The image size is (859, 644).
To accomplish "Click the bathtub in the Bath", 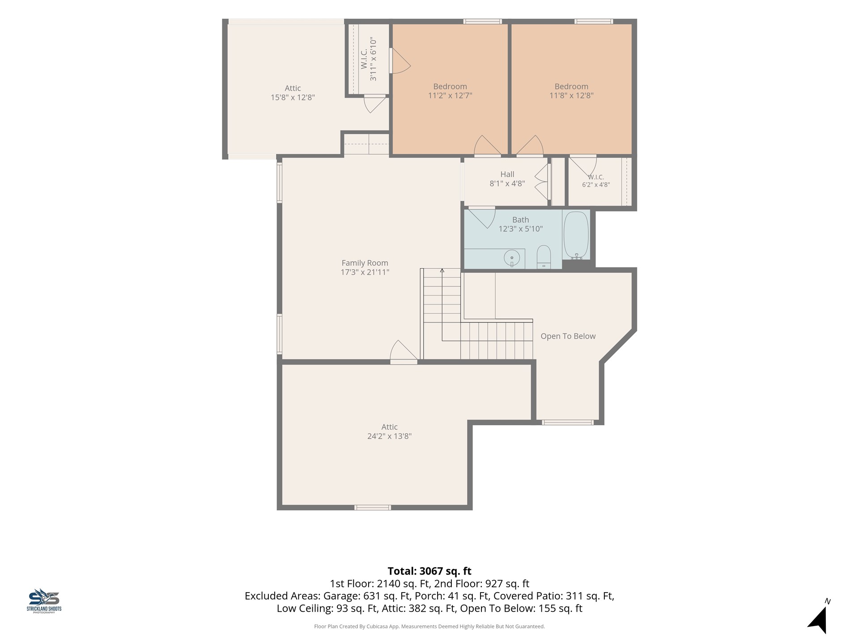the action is tap(576, 235).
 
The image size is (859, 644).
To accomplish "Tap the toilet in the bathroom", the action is tap(544, 257).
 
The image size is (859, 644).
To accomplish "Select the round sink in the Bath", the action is tap(512, 258).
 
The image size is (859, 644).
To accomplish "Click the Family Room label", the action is tap(365, 263).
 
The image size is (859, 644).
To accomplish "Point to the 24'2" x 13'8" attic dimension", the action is tap(389, 436).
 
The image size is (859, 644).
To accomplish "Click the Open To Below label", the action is tap(568, 336).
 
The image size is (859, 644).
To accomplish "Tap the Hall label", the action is tap(507, 174).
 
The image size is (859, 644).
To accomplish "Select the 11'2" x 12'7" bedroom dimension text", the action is tap(450, 95).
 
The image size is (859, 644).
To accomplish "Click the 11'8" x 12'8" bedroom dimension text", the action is tap(571, 95).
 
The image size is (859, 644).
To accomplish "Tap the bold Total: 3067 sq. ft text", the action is tap(429, 571).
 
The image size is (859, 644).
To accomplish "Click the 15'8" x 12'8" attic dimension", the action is tap(293, 97).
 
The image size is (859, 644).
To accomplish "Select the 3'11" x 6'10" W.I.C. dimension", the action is tap(373, 59).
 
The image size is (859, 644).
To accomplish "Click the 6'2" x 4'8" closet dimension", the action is tap(596, 185).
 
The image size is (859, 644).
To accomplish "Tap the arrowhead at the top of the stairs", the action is tap(442, 270).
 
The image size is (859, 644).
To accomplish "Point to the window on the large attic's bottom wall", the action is tap(373, 508).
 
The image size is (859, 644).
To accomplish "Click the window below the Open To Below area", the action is tap(568, 423).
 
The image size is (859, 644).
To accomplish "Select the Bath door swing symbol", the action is tap(482, 218).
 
